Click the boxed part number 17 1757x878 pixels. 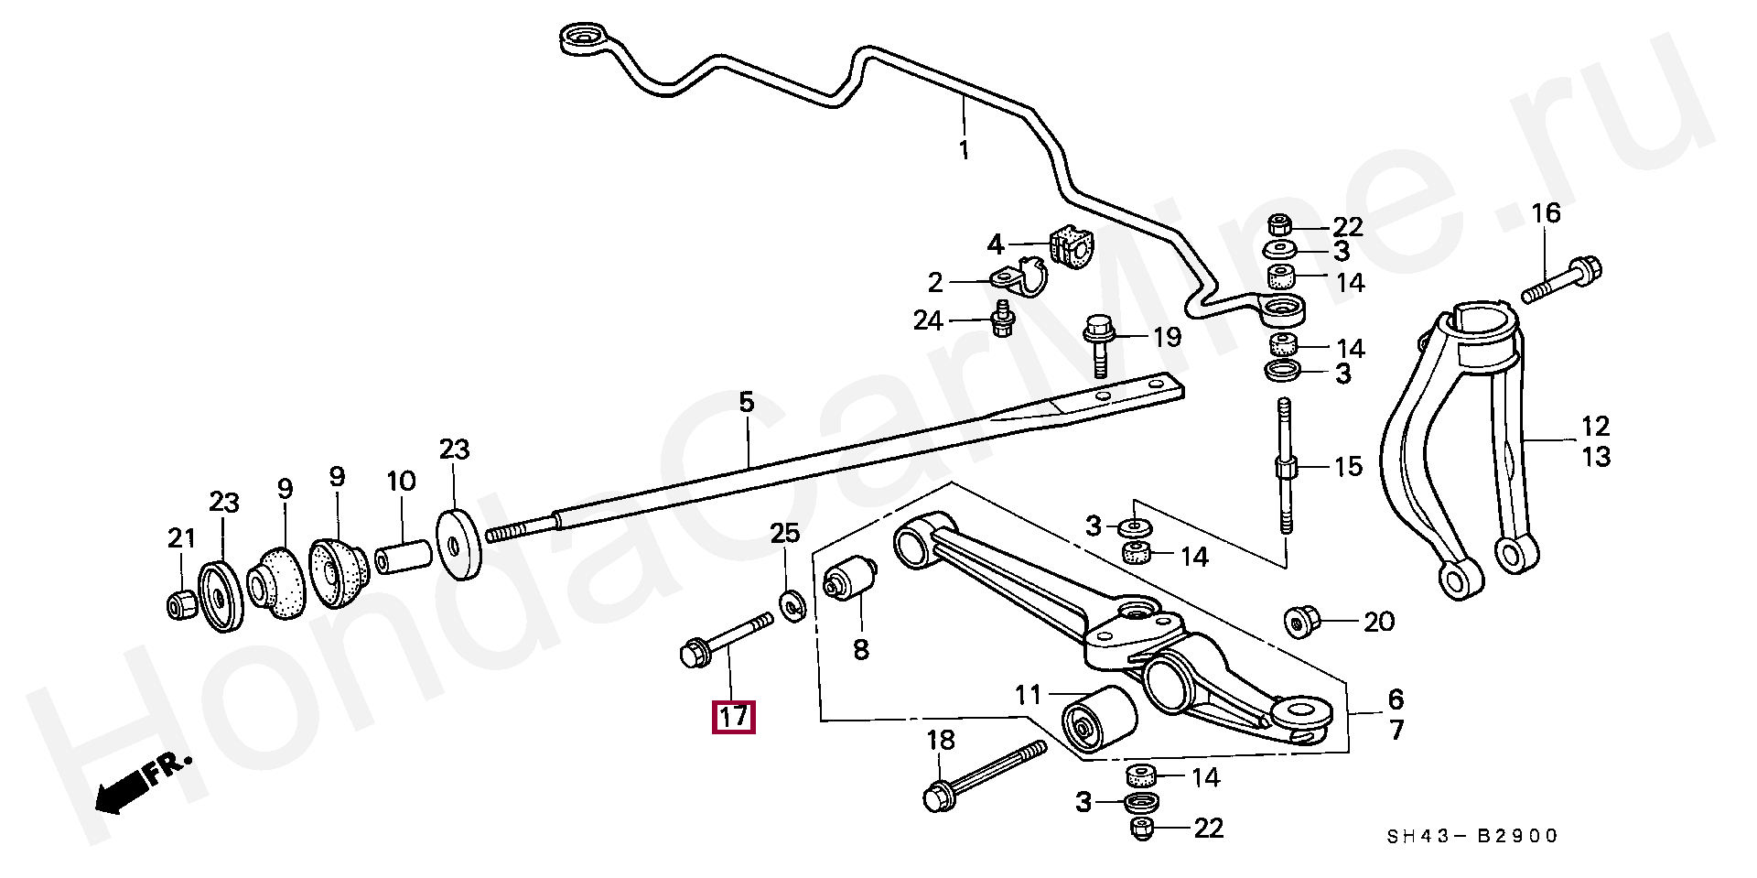click(734, 716)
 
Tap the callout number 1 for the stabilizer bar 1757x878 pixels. click(963, 149)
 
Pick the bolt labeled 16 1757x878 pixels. click(1566, 280)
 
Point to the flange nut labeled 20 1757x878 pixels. click(1300, 623)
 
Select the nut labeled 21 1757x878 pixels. click(181, 604)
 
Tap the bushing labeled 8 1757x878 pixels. click(850, 583)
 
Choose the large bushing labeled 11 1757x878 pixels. click(1097, 721)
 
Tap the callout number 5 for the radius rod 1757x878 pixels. click(746, 402)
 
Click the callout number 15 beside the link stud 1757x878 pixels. click(1348, 467)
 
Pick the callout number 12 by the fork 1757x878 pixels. click(1595, 426)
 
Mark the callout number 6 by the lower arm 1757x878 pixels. click(1395, 699)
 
